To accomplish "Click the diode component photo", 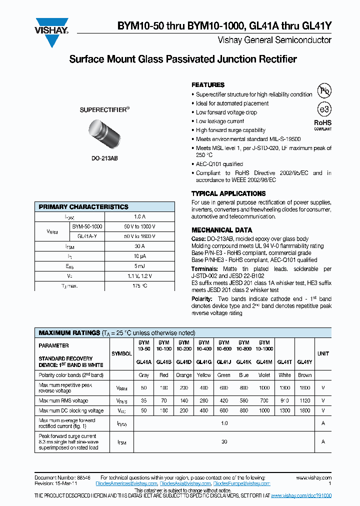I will (104, 134).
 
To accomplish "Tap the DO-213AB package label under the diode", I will (104, 158).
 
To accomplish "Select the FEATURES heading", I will (208, 85).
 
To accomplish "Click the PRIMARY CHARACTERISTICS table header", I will (83, 207).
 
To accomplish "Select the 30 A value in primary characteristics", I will (139, 246).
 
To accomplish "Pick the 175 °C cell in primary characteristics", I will (139, 285).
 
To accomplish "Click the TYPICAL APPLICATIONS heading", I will (228, 193).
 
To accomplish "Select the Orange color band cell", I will (183, 375).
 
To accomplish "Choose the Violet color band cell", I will (264, 375).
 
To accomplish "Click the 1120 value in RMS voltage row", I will (304, 400).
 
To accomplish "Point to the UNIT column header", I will (323, 353).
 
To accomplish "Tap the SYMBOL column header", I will (121, 353).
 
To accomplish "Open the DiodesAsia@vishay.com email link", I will (185, 483).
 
